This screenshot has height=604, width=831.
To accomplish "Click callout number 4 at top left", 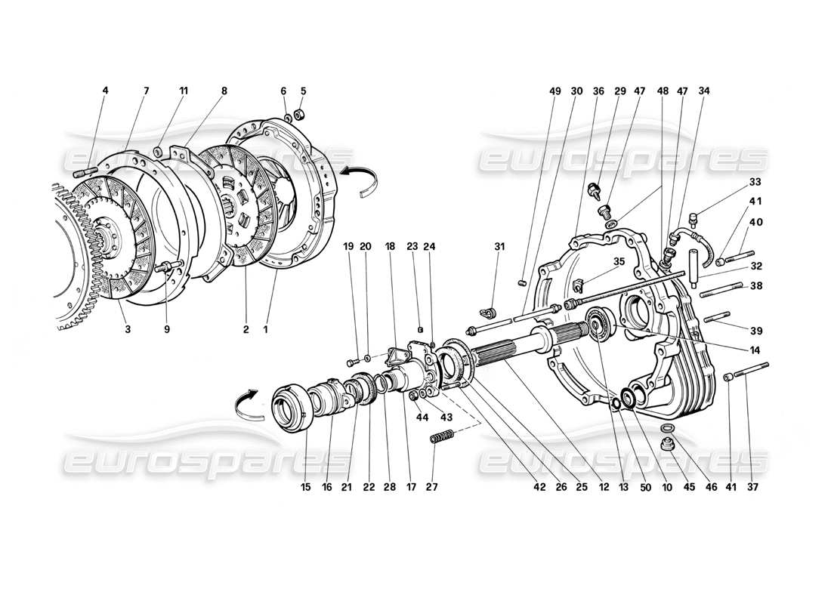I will (105, 91).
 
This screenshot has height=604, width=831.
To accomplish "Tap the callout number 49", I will (556, 91).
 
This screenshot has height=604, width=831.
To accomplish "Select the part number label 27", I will (431, 487).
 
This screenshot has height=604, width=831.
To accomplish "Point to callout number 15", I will (305, 487).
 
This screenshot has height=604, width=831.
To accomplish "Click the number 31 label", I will (499, 246).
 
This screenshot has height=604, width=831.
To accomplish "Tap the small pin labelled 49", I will (522, 283).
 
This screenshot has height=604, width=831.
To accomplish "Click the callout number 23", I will (412, 246).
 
